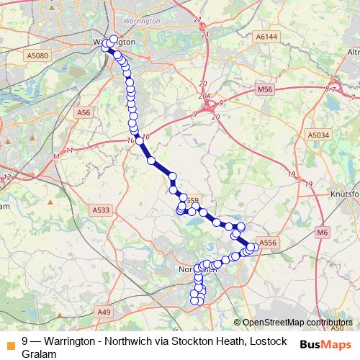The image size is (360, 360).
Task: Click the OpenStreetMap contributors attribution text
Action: click(297, 323)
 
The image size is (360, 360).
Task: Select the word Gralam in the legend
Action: click(39, 353)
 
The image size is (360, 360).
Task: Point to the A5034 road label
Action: click(317, 135)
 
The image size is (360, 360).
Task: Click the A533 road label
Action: click(102, 210)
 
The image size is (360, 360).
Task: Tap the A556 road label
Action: click(267, 243)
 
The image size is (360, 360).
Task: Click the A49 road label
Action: click(104, 311)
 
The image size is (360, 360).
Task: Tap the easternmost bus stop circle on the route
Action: click(254, 248)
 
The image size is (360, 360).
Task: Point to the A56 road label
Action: click(84, 112)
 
